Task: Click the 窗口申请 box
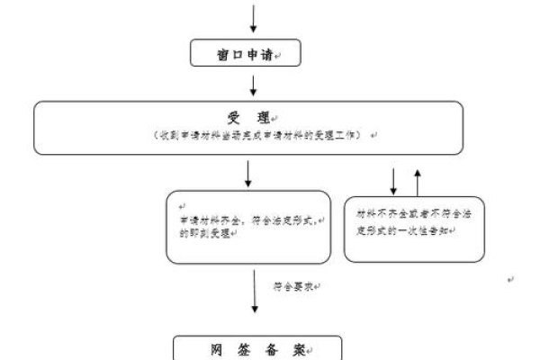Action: [x=245, y=54]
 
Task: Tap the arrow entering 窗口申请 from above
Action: [x=255, y=18]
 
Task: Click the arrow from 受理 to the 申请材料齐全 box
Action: [x=247, y=174]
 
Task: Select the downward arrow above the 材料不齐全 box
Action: [x=393, y=181]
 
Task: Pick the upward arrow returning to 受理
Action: [x=417, y=181]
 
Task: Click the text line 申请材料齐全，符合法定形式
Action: [x=251, y=220]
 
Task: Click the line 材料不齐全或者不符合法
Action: [x=411, y=216]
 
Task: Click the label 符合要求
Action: [x=293, y=286]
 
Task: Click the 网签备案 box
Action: [x=245, y=348]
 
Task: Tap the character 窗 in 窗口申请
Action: [x=222, y=55]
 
